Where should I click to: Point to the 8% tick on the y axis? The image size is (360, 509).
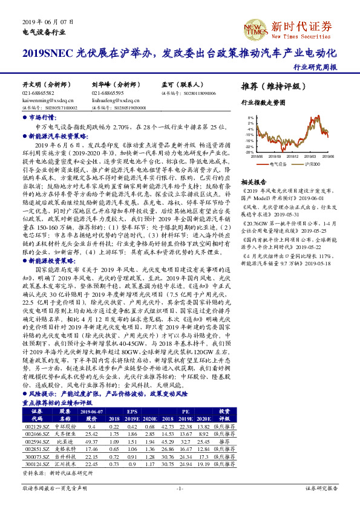(251, 117)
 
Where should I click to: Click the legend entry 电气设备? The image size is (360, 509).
(276, 164)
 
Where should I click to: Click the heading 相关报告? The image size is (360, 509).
(254, 182)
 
